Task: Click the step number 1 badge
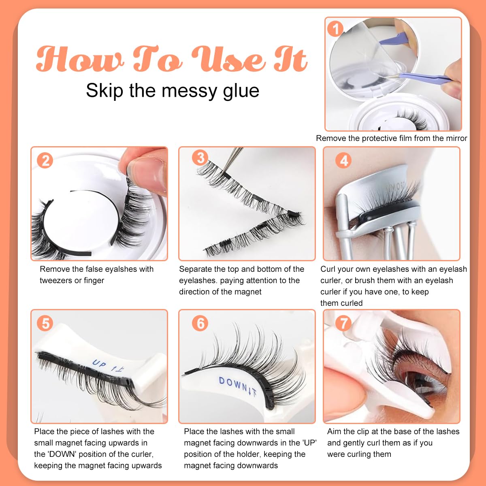(x=335, y=29)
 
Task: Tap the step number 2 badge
(x=45, y=160)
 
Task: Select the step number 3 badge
(x=200, y=158)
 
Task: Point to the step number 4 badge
(x=343, y=160)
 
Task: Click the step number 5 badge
(x=45, y=323)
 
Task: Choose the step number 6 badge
(x=200, y=323)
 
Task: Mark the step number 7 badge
(x=343, y=323)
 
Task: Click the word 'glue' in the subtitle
(x=241, y=91)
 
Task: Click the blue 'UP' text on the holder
(x=99, y=364)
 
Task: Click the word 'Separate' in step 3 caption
(x=195, y=269)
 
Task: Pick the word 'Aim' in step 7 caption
(x=334, y=432)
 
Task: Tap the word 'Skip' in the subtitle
(x=104, y=91)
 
